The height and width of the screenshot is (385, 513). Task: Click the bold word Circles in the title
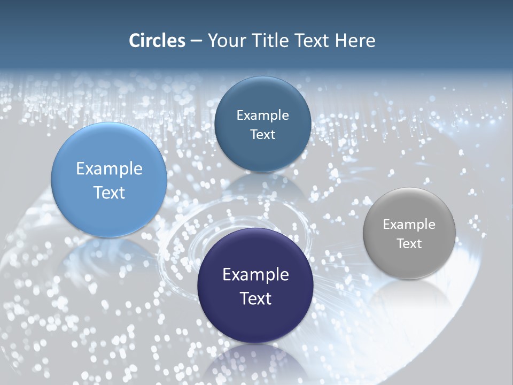coord(157,41)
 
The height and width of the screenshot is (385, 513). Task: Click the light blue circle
coord(109,180)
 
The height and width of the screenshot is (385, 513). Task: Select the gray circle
coord(409,233)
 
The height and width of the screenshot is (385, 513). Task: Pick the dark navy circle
coord(255,286)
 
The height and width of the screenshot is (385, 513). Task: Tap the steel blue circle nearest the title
coord(262,124)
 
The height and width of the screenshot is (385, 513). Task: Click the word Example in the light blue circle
coord(109,169)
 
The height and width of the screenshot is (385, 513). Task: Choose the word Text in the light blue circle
coord(109,192)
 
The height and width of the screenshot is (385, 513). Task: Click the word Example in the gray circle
coord(409,224)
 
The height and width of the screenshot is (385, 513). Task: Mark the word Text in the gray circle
coord(409,243)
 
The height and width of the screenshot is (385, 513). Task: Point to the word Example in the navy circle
coord(255,275)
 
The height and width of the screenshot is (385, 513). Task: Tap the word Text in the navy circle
coord(255,298)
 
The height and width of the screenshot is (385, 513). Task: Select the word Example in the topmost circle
coord(262,115)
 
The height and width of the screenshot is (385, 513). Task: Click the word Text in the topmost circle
coord(262,134)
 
